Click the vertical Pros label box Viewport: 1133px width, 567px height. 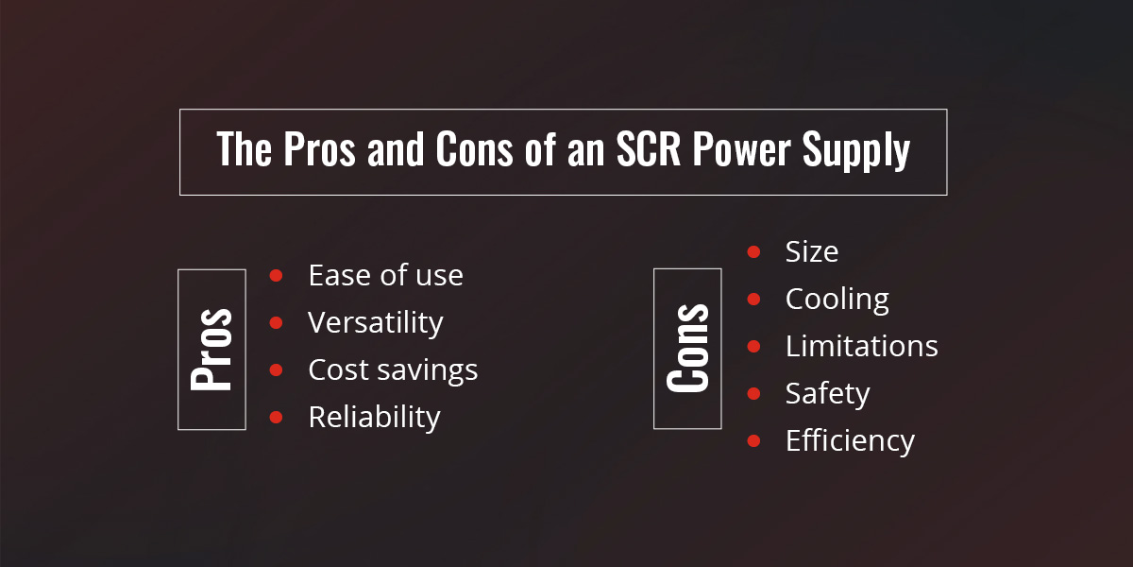211,350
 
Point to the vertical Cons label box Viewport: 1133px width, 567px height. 687,349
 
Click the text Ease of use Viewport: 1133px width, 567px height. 385,275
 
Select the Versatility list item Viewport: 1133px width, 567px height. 375,322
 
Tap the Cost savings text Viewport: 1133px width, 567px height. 393,369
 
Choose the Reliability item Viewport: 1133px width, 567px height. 374,417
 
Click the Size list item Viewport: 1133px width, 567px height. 811,251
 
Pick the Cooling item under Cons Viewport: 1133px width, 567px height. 837,300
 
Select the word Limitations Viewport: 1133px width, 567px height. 861,346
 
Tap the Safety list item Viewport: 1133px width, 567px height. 827,393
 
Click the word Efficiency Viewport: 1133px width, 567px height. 850,440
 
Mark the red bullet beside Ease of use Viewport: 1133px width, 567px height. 277,275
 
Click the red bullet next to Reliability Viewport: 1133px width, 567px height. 277,417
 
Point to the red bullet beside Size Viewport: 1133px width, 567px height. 753,251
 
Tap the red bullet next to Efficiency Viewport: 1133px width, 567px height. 753,440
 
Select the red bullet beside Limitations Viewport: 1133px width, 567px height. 753,346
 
